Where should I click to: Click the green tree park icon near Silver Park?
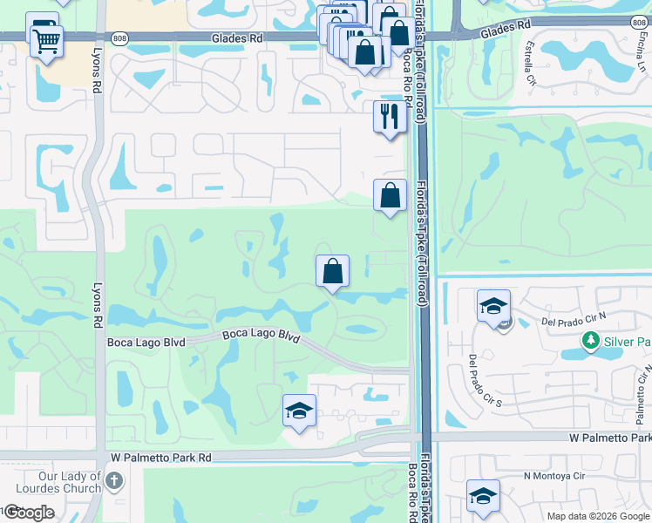(x=592, y=341)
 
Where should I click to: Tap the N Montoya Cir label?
(x=554, y=476)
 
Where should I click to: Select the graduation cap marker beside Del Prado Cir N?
(x=492, y=306)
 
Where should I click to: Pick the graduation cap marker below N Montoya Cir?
(x=483, y=496)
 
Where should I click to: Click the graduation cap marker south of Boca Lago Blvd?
(x=299, y=411)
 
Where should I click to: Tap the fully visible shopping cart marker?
(x=46, y=40)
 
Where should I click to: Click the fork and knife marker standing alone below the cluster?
(x=390, y=115)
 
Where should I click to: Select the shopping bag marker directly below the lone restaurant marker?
(x=390, y=195)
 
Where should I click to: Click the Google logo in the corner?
(x=29, y=512)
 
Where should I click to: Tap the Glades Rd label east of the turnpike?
(x=506, y=26)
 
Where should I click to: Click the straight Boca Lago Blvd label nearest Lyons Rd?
(x=146, y=343)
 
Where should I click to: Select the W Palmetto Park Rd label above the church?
(x=161, y=457)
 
